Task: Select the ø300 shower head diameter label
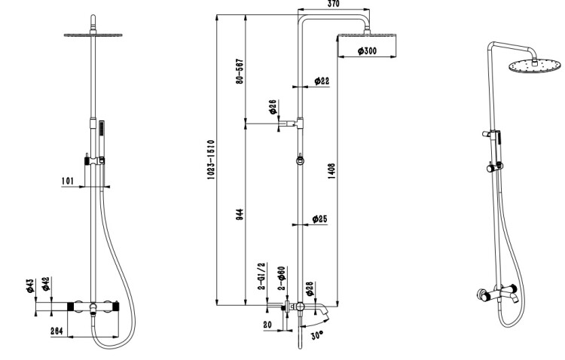click(365, 51)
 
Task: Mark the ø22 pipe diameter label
click(321, 81)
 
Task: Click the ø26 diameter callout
click(273, 109)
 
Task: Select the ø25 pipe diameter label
click(320, 219)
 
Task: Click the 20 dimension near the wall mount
click(268, 325)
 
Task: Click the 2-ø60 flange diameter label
click(281, 277)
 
